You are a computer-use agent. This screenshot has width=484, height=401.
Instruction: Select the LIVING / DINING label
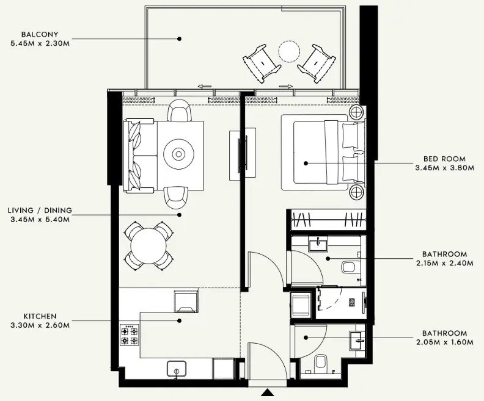[x=40, y=211]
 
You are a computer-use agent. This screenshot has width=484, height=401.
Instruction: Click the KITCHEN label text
[x=40, y=317]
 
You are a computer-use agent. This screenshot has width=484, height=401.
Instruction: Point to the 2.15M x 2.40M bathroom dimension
[x=444, y=263]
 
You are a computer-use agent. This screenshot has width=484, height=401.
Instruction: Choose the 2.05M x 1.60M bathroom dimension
[x=444, y=342]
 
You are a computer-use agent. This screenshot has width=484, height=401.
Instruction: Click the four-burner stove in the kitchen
[x=129, y=335]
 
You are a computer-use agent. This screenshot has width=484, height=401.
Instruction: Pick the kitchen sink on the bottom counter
[x=177, y=369]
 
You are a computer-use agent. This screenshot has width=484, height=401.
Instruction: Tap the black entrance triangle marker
[x=267, y=394]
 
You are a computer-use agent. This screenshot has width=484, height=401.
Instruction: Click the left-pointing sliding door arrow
[x=205, y=86]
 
